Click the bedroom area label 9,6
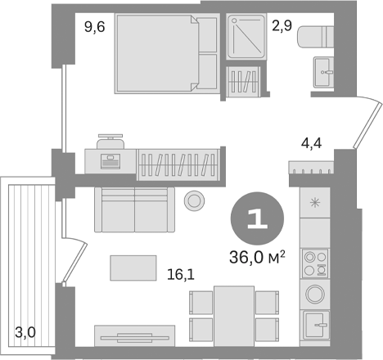[95, 27]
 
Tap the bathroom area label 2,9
[282, 26]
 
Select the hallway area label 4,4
[311, 143]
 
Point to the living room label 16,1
[181, 275]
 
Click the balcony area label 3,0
[25, 332]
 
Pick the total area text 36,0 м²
[257, 257]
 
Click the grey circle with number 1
[257, 218]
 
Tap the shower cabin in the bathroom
[246, 37]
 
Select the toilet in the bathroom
[315, 37]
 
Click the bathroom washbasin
[323, 72]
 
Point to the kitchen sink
[316, 325]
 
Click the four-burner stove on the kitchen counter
[315, 263]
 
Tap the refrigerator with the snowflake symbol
[315, 203]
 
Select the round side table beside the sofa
[194, 200]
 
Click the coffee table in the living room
[133, 268]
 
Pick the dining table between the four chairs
[234, 316]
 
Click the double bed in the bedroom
[167, 54]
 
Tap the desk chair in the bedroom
[110, 142]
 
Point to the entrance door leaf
[368, 124]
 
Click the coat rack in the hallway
[311, 167]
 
